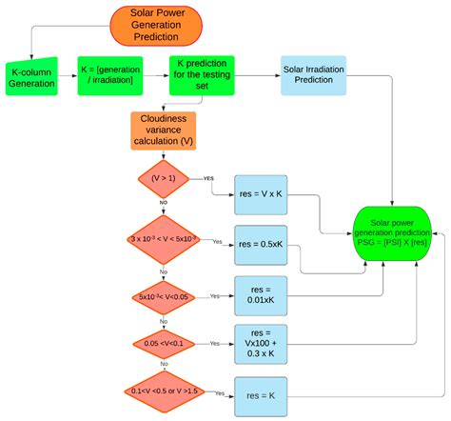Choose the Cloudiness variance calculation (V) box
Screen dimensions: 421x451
164,130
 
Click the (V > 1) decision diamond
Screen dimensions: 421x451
165,177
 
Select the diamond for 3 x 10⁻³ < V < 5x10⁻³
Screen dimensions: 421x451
165,242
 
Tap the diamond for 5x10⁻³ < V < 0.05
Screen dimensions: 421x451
165,296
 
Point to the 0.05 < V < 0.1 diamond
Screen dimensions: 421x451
165,342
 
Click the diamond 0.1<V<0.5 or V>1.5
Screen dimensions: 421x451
165,391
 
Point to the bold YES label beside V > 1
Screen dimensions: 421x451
208,177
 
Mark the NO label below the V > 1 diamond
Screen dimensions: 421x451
165,203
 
